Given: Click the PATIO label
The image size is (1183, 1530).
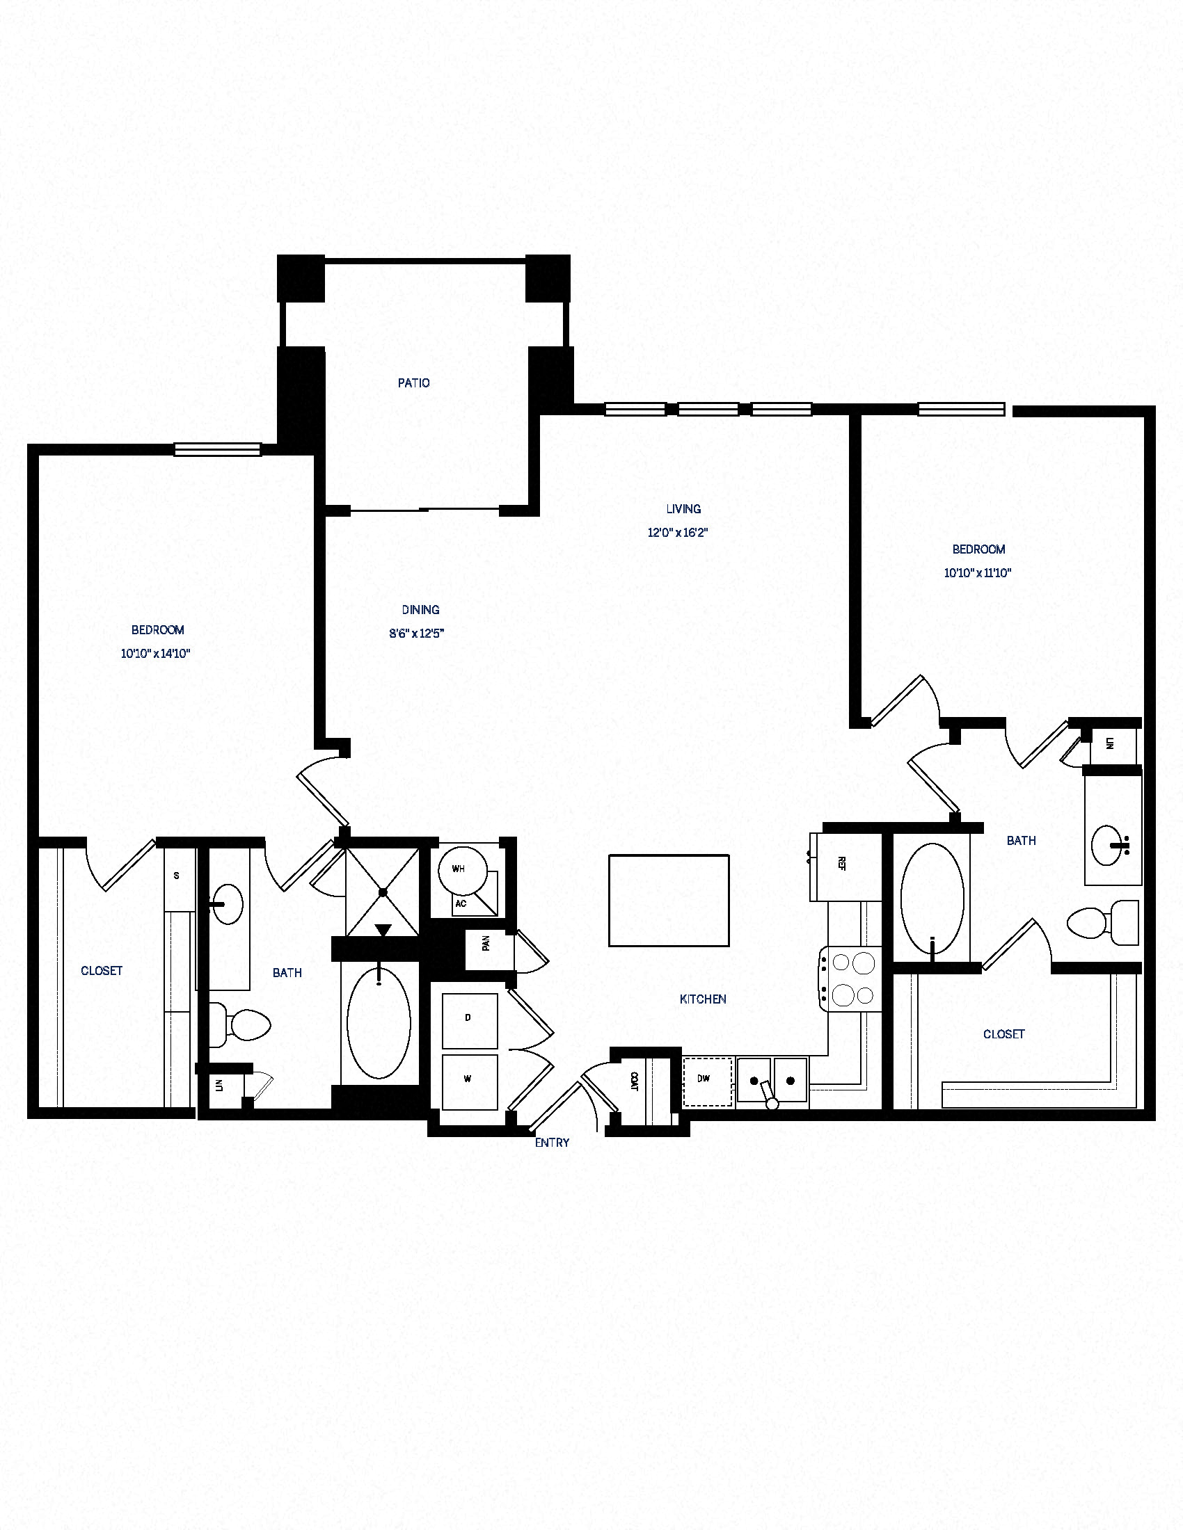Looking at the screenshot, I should pos(413,383).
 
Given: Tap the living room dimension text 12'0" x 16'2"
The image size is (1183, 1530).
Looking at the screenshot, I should pos(678,533).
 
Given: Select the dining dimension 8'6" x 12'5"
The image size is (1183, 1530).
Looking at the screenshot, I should pos(417,634).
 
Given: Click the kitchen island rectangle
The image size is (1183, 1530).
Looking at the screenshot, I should pos(669,900).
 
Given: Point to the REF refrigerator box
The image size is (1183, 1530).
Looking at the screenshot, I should pos(845,867).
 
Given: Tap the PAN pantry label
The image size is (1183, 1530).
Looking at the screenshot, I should pos(486,944).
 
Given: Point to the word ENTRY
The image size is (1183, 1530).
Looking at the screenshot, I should pos(552,1143).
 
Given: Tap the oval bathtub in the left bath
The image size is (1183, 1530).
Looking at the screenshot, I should pos(379,1024).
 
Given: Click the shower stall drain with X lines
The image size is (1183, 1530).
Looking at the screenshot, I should pos(383,892).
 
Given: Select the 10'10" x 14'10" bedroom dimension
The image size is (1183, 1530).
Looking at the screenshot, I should pos(156,654).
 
